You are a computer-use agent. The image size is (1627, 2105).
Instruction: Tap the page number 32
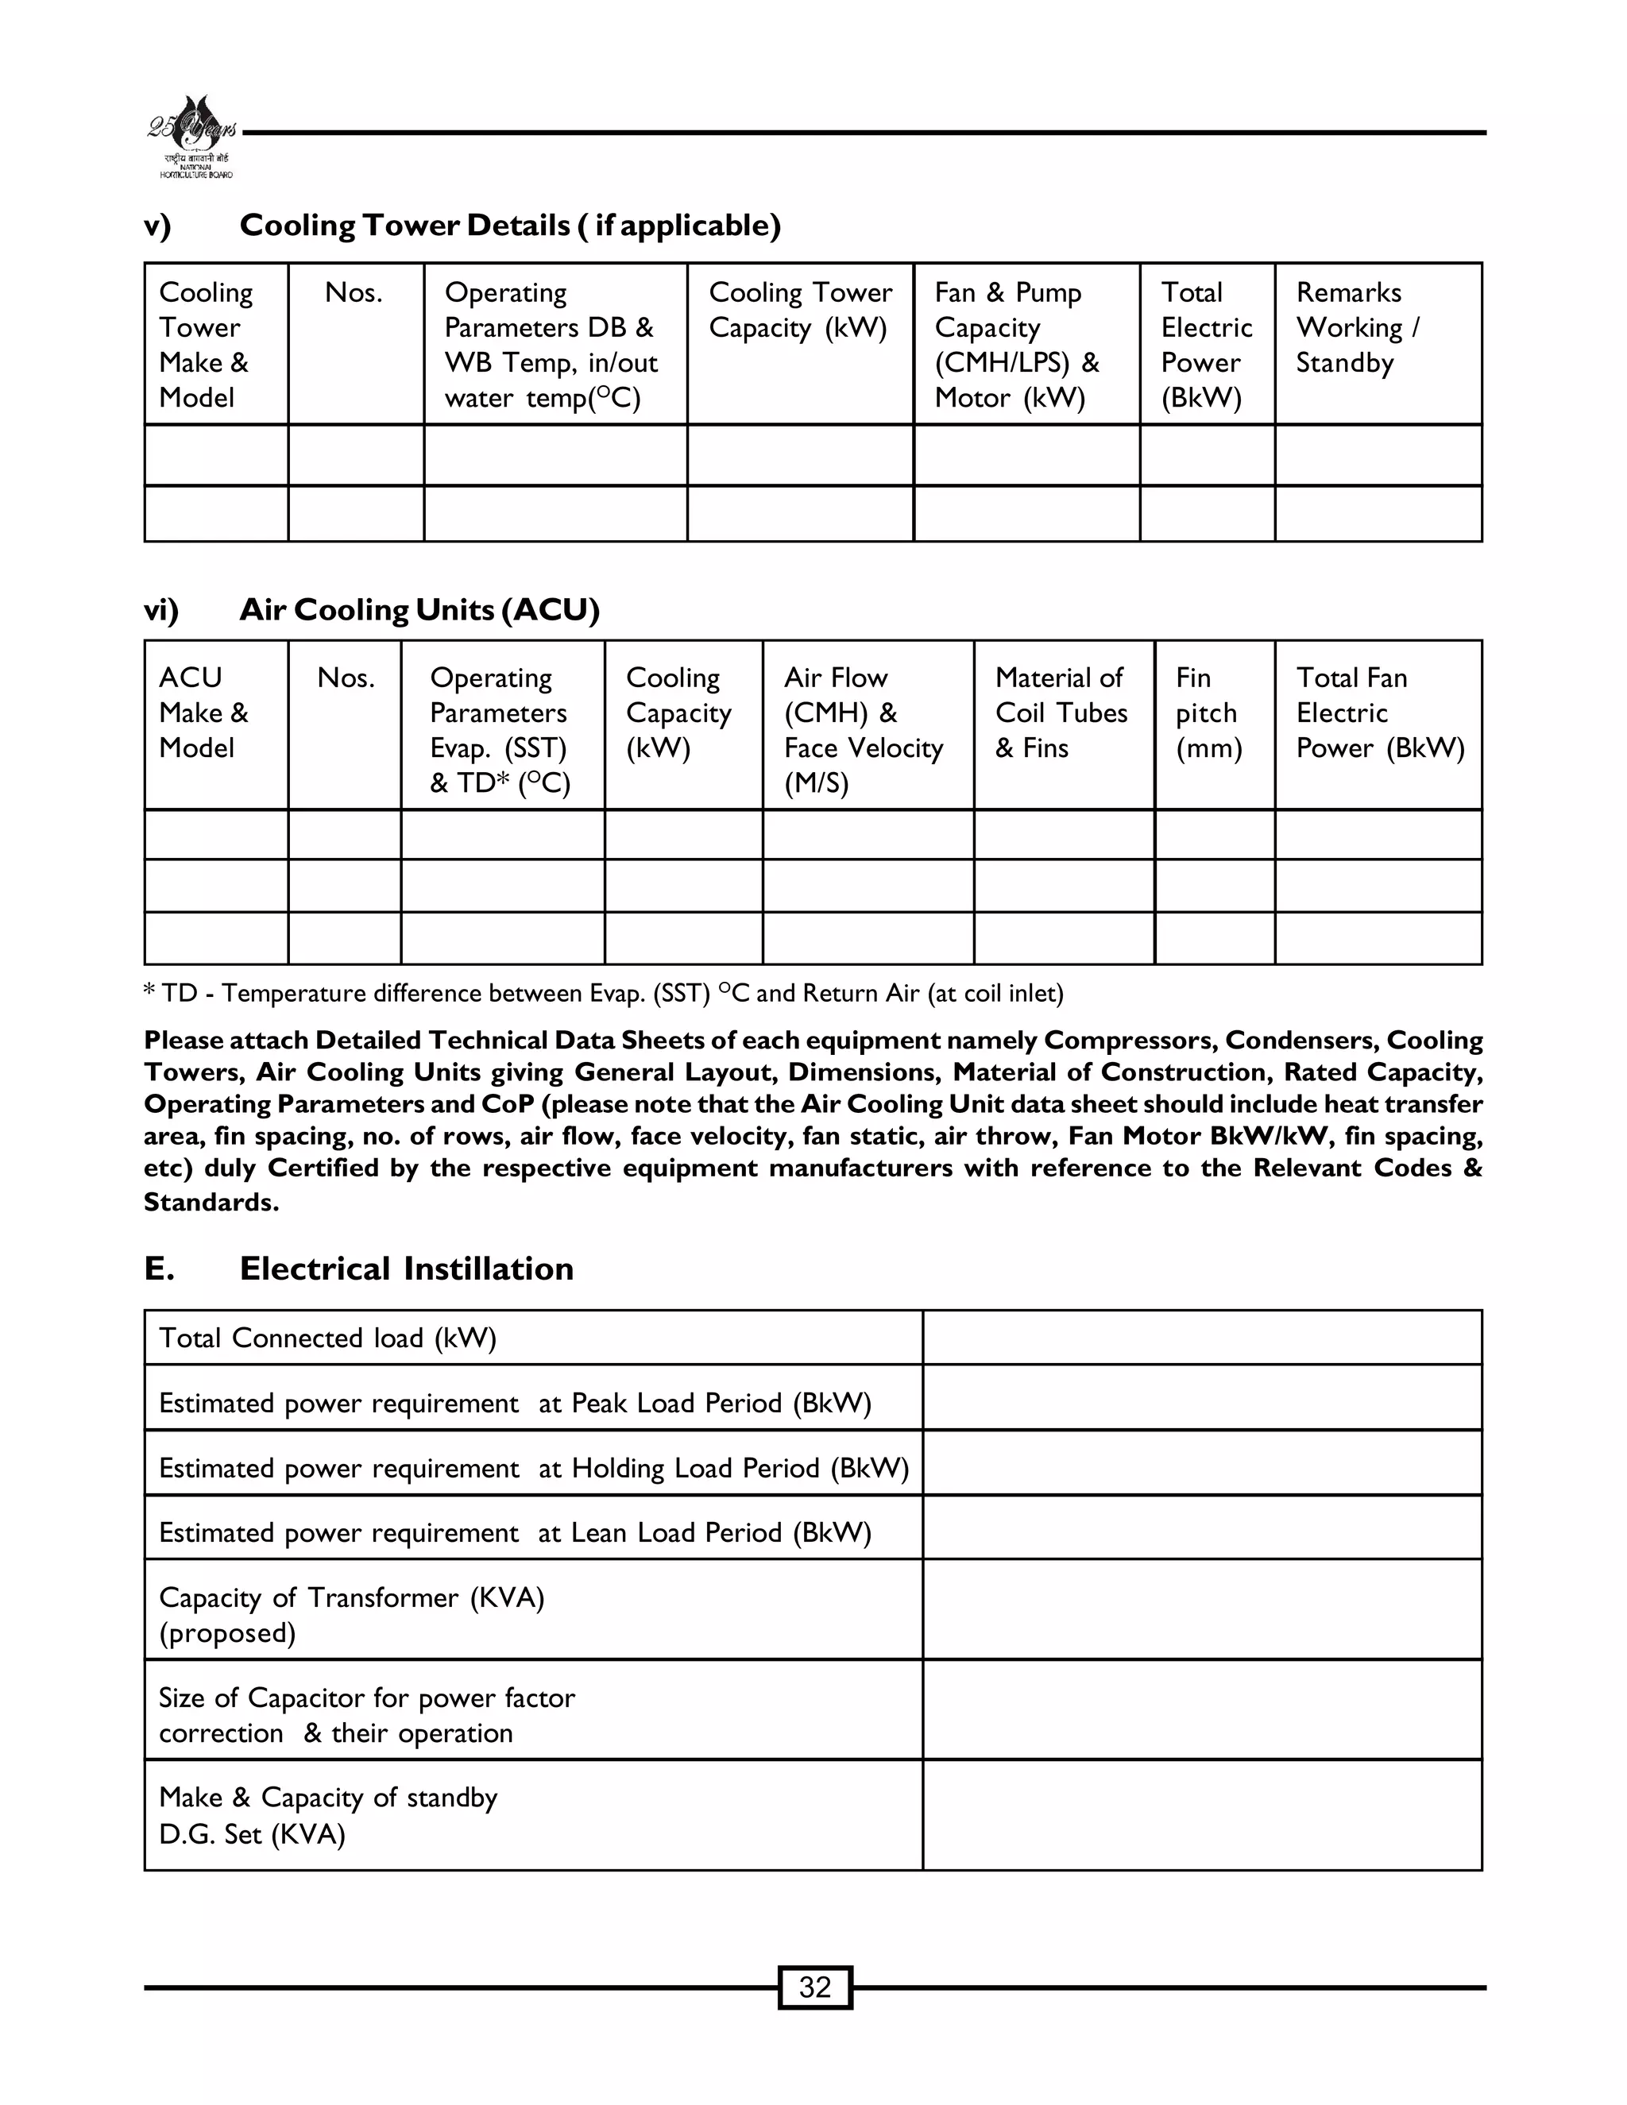point(814,1987)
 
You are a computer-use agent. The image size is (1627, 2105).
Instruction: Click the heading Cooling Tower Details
point(509,225)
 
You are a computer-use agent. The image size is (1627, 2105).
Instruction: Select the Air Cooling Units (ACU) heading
point(419,609)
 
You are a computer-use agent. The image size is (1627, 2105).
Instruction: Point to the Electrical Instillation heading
point(406,1269)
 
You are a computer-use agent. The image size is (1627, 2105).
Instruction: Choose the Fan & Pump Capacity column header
point(1016,344)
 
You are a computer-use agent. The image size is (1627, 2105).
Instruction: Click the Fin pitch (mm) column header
point(1208,713)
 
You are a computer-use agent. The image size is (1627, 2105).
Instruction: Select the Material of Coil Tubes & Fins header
point(1061,713)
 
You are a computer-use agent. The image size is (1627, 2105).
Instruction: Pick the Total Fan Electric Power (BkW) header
point(1378,713)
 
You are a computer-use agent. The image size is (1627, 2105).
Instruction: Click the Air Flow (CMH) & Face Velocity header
point(863,730)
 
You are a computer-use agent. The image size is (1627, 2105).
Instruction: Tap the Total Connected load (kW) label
point(328,1338)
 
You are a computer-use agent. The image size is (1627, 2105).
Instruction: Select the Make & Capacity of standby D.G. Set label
point(328,1815)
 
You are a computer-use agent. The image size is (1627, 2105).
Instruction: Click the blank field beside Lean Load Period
point(1201,1532)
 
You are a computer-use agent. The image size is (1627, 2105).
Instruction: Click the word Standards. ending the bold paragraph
point(211,1202)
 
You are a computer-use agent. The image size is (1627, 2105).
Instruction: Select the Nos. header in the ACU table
point(345,678)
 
